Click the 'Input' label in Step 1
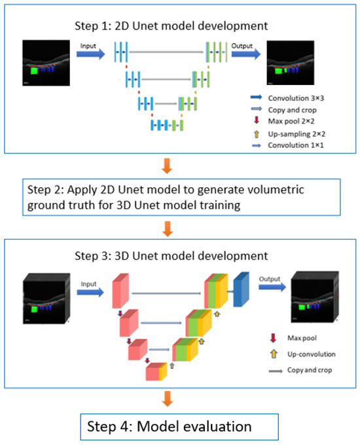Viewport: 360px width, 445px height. point(90,46)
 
